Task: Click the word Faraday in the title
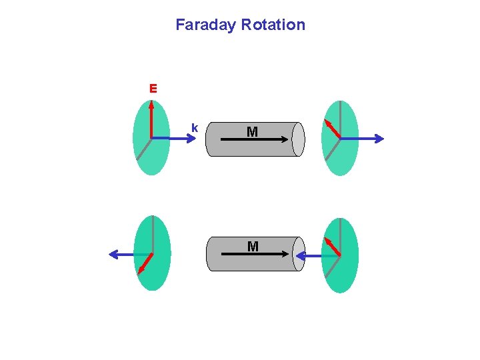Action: [x=205, y=25]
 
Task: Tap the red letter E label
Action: [x=153, y=88]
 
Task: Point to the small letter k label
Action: [x=194, y=127]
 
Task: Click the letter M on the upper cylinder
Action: [x=252, y=132]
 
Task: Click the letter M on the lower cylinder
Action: [x=253, y=247]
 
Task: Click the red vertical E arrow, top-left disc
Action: [x=151, y=120]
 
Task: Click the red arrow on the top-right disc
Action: [x=331, y=129]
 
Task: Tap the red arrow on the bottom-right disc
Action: [x=332, y=247]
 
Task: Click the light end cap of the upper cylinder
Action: [x=298, y=139]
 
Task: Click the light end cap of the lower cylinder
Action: [x=298, y=254]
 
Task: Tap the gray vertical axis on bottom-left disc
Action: [x=152, y=233]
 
